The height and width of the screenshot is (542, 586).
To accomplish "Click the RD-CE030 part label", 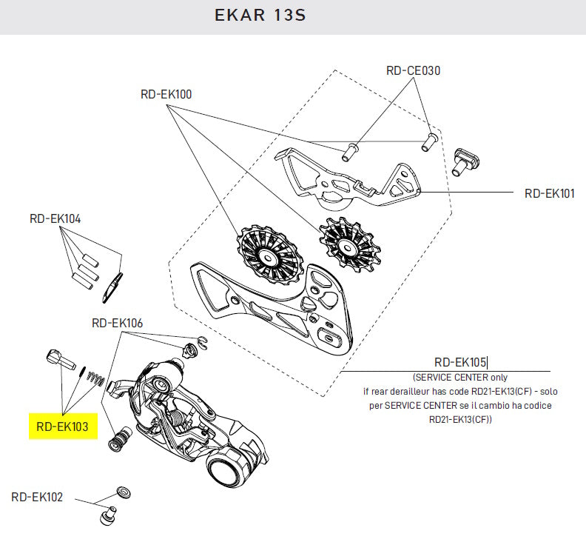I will [413, 71].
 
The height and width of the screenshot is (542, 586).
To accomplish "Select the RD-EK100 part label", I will [166, 94].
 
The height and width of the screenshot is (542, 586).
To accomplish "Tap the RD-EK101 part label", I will [549, 193].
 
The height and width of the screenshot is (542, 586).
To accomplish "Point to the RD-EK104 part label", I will [55, 219].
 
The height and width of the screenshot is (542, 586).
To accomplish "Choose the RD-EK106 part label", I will [117, 323].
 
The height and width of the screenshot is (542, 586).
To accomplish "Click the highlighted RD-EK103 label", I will [63, 426].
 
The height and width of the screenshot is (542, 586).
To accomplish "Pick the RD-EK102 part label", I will [37, 497].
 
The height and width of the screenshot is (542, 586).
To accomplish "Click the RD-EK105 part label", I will [459, 362].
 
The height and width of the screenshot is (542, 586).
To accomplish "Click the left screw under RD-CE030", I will [349, 151].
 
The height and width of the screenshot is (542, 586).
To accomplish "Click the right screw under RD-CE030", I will [428, 141].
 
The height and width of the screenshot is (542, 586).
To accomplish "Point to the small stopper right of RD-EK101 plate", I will [467, 160].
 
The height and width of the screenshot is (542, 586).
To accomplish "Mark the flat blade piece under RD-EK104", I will [110, 287].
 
